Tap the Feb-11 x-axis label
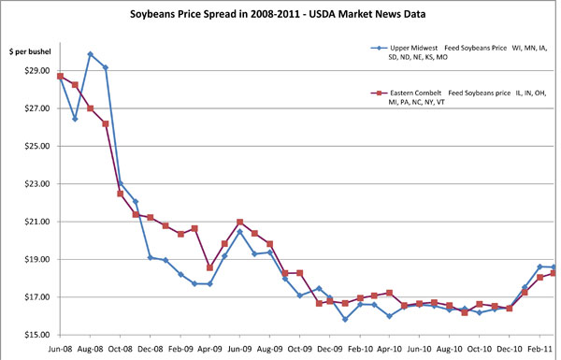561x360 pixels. tap(539, 348)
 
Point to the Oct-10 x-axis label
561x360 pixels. tap(480, 348)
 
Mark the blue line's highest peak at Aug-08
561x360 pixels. tap(90, 54)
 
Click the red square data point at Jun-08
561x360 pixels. tap(60, 77)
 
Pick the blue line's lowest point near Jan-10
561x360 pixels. tap(345, 319)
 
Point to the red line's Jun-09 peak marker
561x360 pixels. tap(240, 223)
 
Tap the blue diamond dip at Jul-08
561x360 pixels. tap(75, 119)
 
